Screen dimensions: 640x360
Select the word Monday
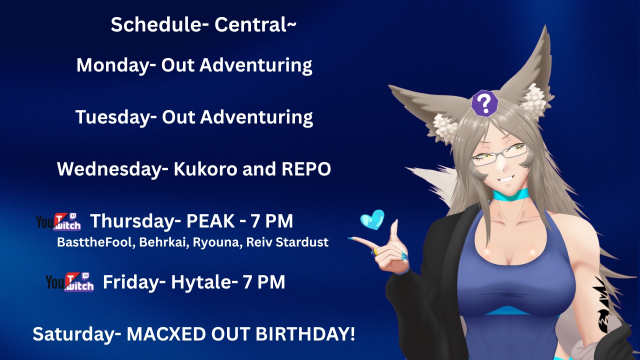point(116,65)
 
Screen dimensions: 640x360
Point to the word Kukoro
point(205,169)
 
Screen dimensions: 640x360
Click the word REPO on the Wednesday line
point(306,169)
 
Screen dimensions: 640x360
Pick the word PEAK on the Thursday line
point(210,221)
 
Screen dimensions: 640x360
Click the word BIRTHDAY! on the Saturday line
point(305,333)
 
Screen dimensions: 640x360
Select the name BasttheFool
point(96,242)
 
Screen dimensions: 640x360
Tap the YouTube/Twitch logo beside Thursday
point(58,221)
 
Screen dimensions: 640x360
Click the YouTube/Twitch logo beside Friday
point(69,282)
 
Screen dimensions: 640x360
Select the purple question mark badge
point(484,103)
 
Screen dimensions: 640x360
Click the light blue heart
point(372,219)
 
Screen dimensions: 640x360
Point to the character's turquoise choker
point(510,194)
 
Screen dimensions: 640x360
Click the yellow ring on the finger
point(375,251)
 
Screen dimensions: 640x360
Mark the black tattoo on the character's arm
point(603,305)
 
